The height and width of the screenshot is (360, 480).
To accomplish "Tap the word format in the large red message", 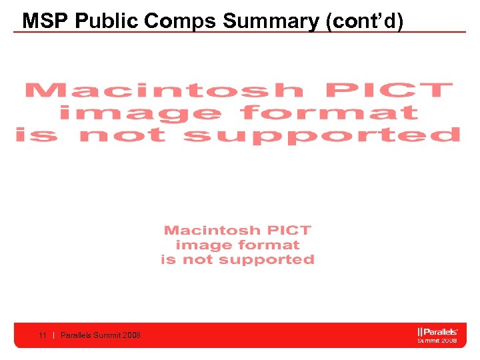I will pos(331,113).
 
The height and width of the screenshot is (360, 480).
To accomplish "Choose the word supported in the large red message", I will pos(322,135).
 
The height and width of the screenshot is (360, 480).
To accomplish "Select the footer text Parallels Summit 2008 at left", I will pos(101,335).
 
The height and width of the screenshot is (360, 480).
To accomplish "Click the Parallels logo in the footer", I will pos(437,331).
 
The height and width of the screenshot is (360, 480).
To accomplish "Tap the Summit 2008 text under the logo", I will pos(437,341).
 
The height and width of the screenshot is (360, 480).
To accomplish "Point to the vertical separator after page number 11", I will pos(53,335).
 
